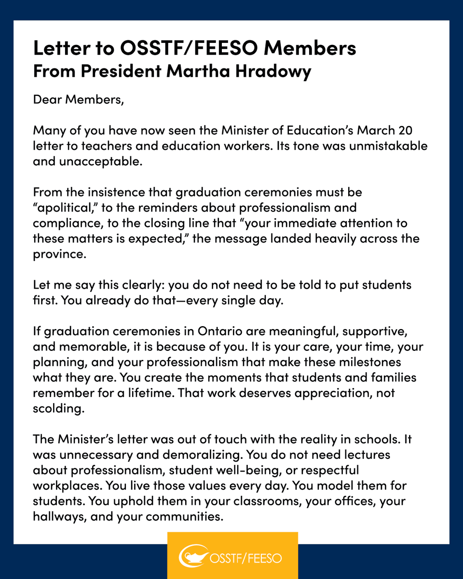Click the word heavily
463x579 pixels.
click(x=298, y=239)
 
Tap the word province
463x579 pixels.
click(x=59, y=254)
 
